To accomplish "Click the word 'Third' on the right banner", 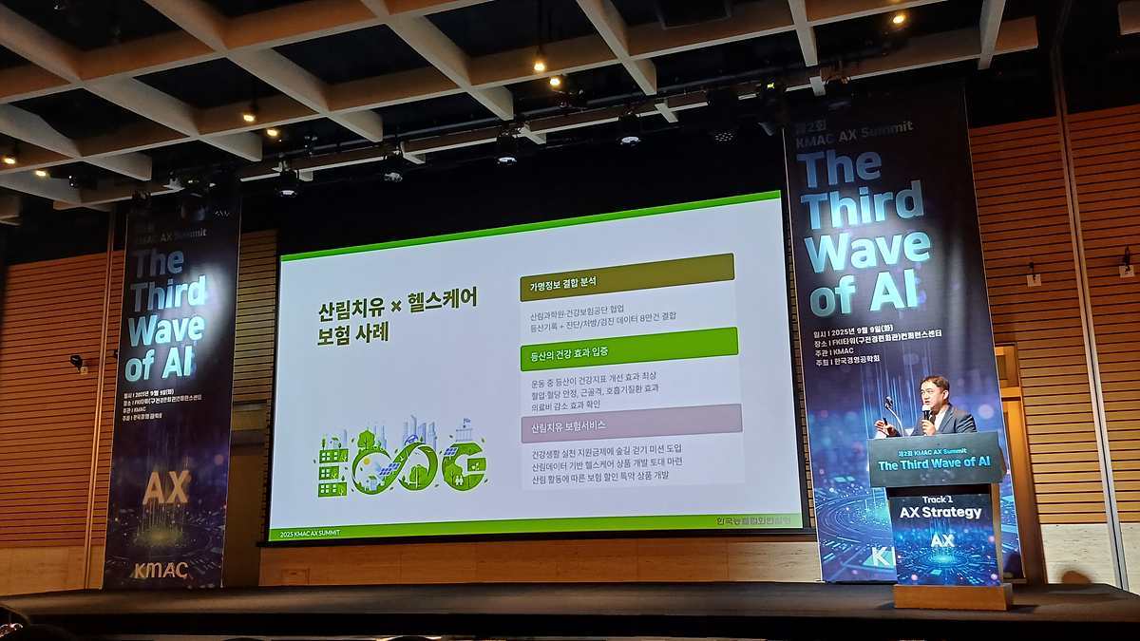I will click(861, 202).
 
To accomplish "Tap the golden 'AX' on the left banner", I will click(165, 486).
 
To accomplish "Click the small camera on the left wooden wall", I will click(76, 362).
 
